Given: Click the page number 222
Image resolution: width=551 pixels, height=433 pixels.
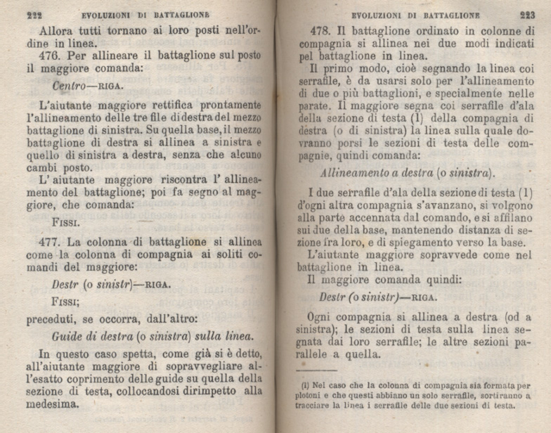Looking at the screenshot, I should [34, 13].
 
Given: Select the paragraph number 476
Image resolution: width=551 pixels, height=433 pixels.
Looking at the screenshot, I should [51, 55].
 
